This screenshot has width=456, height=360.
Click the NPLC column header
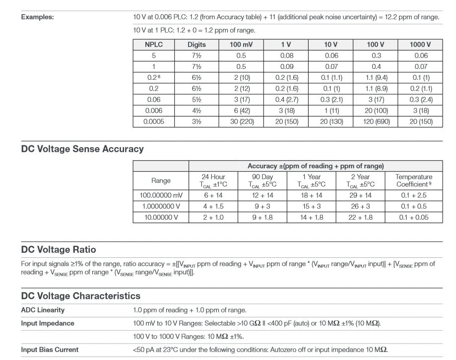pos(154,45)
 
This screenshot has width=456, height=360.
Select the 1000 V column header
pos(420,45)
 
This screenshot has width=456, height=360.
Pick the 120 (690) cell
pos(375,121)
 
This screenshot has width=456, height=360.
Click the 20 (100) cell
pos(375,111)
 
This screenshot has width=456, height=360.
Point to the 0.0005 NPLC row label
pos(154,121)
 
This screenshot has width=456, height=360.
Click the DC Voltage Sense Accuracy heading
pos(82,149)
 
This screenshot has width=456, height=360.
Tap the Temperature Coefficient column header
pos(414,180)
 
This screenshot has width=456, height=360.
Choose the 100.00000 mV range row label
pos(161,195)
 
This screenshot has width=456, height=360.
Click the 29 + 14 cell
pos(360,195)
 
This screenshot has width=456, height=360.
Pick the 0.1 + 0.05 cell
pos(414,217)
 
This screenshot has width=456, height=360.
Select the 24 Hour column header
pos(213,180)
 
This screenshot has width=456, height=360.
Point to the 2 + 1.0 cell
pos(213,217)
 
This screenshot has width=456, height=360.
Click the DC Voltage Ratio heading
pos(59,249)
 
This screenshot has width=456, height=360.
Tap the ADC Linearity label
pos(43,310)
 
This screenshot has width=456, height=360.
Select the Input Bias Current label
pos(50,350)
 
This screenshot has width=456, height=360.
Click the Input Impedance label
pos(48,323)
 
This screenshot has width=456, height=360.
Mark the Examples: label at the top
pos(37,17)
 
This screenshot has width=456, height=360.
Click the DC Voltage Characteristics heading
pos(80,296)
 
